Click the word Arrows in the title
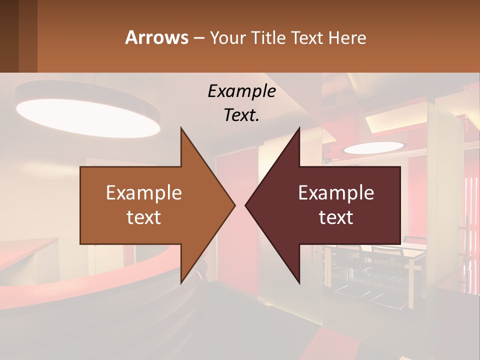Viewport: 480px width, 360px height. click(x=156, y=37)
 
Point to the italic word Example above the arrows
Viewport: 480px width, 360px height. click(x=241, y=91)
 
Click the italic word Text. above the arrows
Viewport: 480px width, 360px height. click(x=241, y=115)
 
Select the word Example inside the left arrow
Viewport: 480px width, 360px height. click(x=143, y=192)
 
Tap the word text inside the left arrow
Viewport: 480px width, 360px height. click(x=143, y=217)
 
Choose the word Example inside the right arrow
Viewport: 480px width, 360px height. click(x=336, y=192)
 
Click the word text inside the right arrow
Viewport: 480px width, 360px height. click(x=336, y=217)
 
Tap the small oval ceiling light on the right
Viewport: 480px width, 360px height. click(x=373, y=147)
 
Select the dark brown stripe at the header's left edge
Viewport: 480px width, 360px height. click(x=9, y=36)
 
